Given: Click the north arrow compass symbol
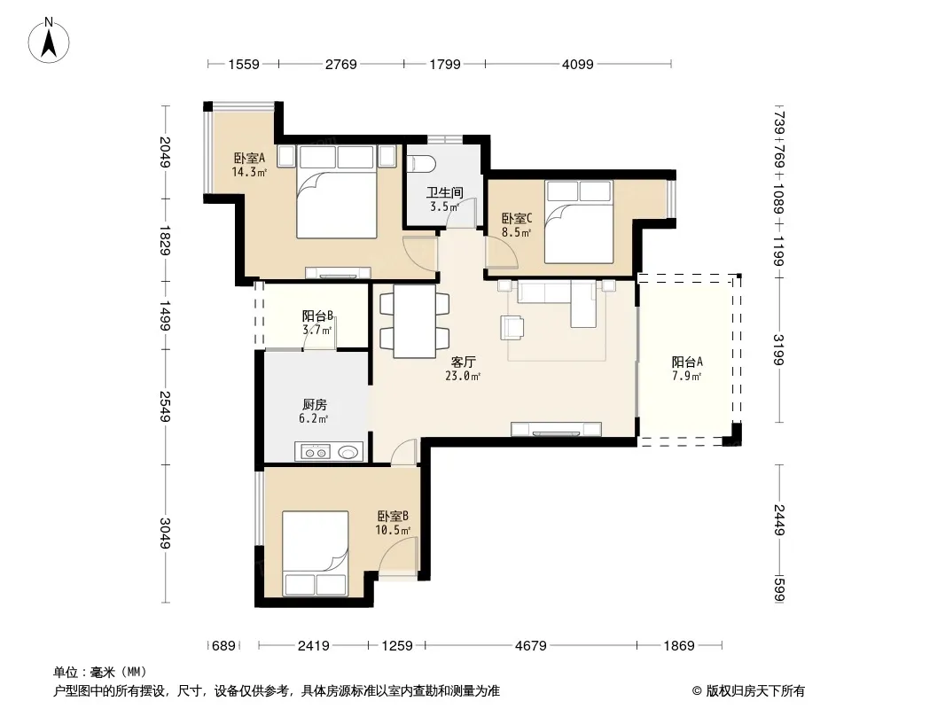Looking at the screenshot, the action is point(49,40).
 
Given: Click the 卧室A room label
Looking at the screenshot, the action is point(249,159).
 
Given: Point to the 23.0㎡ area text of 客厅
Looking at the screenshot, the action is point(462,377).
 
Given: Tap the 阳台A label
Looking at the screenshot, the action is point(687,362).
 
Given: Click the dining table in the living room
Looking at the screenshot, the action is point(415,321).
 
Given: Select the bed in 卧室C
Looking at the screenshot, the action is point(579,222).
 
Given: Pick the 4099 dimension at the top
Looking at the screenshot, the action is point(577,64).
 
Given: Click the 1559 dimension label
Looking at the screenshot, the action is point(244,64).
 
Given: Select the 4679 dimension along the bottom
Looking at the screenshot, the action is point(530,646).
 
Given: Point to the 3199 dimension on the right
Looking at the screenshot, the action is point(779,350).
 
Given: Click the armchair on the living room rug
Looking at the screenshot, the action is point(512,326).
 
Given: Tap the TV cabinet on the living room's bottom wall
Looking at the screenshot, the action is point(556,429).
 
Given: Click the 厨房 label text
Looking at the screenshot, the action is point(315,405).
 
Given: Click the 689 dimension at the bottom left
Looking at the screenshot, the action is point(223,646).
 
